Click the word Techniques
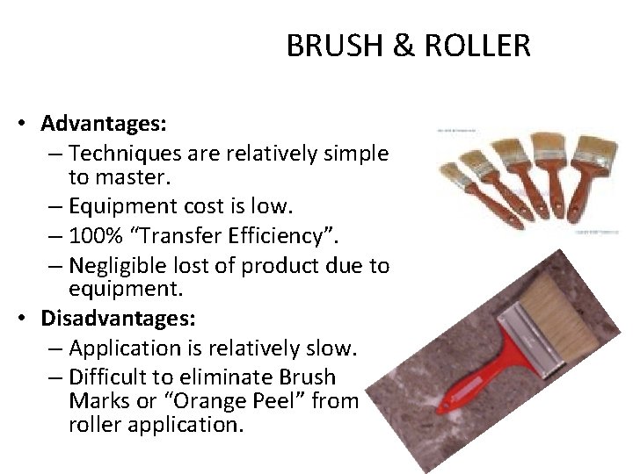124,154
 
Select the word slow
331,348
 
